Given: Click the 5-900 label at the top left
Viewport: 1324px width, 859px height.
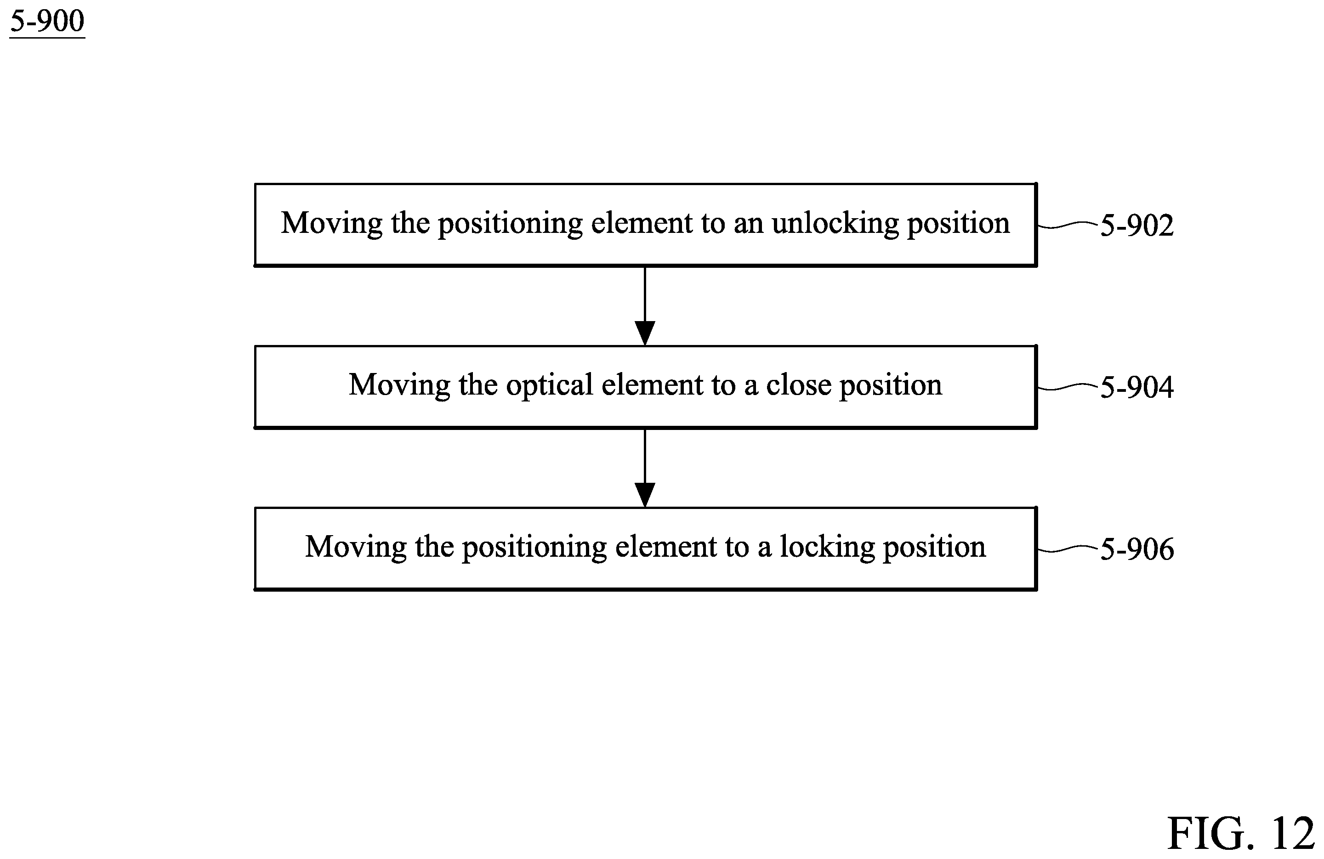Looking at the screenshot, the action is pyautogui.click(x=47, y=22).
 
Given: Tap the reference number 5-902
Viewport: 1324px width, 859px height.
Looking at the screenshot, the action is pyautogui.click(x=1137, y=225).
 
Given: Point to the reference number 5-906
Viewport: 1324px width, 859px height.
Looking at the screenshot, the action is pyautogui.click(x=1137, y=549).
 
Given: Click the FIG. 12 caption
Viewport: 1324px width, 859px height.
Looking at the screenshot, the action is pyautogui.click(x=1240, y=834).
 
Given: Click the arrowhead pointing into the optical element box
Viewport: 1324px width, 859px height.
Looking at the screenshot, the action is pyautogui.click(x=645, y=333).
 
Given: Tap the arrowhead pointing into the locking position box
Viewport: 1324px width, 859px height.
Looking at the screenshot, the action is pyautogui.click(x=645, y=495).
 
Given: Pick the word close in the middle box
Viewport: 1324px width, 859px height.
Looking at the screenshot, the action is pyautogui.click(x=799, y=385).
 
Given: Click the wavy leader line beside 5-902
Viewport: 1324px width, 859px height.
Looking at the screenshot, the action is pyautogui.click(x=1068, y=225).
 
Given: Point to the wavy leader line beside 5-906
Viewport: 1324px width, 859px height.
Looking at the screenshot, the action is pyautogui.click(x=1068, y=549).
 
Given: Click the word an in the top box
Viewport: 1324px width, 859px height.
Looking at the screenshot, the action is pyautogui.click(x=748, y=225).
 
